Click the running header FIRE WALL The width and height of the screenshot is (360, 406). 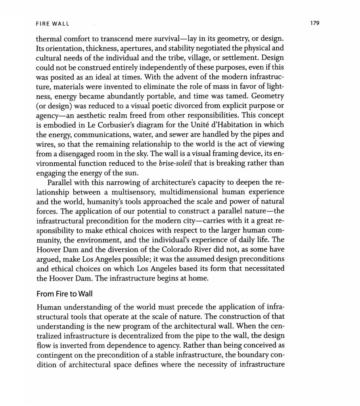[52, 24]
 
